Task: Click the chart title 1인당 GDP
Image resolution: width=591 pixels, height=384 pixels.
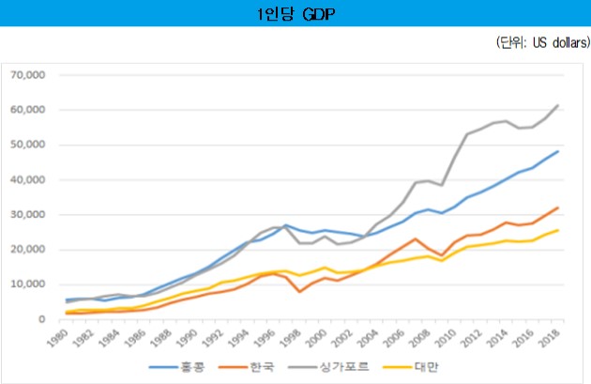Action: tap(295, 13)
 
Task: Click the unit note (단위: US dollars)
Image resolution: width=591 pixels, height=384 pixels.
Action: tap(538, 43)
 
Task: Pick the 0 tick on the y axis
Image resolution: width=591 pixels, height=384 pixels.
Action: tap(42, 319)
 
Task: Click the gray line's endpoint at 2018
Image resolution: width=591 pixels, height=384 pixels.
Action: tap(558, 105)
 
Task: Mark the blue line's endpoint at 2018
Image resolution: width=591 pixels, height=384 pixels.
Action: tap(558, 151)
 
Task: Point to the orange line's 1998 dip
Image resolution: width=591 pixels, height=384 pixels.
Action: tap(299, 291)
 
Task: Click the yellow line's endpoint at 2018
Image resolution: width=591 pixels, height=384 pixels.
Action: tap(558, 230)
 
